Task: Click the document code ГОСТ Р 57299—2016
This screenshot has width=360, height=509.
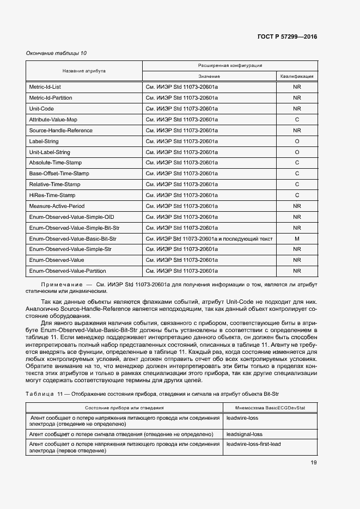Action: click(x=287, y=36)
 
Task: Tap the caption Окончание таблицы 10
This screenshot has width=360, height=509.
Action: click(x=56, y=53)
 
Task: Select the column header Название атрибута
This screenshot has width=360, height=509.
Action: click(x=84, y=71)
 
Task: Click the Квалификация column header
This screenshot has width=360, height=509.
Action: click(x=297, y=77)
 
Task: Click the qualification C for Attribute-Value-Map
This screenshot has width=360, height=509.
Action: click(x=297, y=120)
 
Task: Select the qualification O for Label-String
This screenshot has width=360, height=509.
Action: click(x=297, y=142)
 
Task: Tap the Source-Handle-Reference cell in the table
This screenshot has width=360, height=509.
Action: click(x=60, y=131)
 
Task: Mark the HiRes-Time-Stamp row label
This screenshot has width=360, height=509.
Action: click(x=52, y=195)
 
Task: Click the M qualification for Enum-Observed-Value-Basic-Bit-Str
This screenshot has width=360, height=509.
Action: click(x=297, y=239)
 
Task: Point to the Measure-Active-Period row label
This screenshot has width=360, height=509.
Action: click(x=57, y=206)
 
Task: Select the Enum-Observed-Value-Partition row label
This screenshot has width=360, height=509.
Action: click(x=67, y=271)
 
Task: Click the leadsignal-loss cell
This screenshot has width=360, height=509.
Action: click(x=244, y=434)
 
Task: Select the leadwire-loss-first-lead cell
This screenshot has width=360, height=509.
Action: click(x=253, y=444)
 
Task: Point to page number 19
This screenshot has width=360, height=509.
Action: click(x=314, y=463)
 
